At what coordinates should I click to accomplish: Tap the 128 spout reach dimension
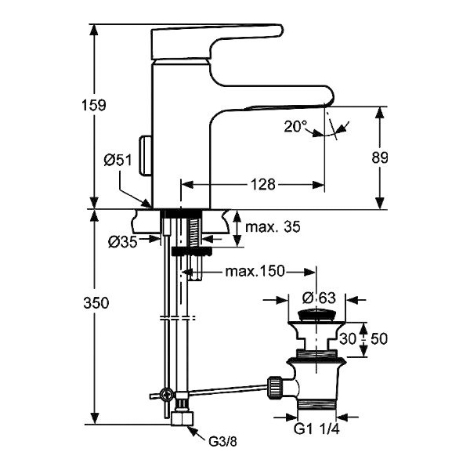pos(263,185)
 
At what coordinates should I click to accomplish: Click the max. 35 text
pos(271,227)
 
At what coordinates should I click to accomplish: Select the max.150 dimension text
pos(254,271)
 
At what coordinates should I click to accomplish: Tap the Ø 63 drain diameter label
pos(319,298)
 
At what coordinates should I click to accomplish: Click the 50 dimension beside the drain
pos(381,338)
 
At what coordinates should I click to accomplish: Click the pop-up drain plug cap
pos(319,316)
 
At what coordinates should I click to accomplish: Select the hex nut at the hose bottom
pos(183,417)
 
